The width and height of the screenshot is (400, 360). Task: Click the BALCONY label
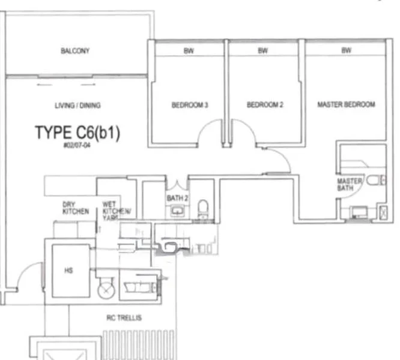pos(75,51)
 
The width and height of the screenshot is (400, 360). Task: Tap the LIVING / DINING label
pos(77,106)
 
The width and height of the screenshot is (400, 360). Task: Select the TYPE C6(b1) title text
pos(77,133)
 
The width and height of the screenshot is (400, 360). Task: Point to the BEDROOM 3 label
pos(189,105)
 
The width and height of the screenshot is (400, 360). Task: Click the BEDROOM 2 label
pos(265,105)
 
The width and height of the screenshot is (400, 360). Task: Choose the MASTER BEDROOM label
pos(346,104)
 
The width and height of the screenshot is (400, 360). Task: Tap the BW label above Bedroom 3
pos(189,51)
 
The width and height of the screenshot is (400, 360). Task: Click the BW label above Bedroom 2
pos(262,51)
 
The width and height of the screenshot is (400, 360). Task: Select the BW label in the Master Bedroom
pos(346,51)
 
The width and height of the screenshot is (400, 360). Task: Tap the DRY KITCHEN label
pos(76,208)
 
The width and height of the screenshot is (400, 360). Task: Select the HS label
pos(68,271)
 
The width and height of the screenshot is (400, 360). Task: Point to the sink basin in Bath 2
pos(177,210)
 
